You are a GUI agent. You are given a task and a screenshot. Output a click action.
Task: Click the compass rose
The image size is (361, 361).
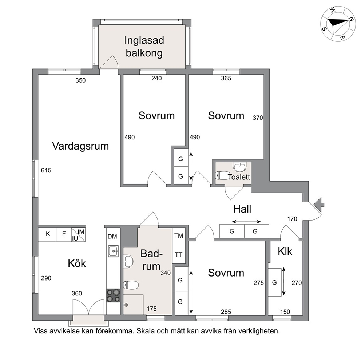point(337,23)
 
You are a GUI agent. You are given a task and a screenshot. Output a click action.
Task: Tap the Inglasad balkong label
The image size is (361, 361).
point(144,46)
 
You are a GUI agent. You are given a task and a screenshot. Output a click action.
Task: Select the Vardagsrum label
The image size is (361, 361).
point(81,146)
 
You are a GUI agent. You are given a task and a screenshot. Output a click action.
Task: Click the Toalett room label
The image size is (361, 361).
point(239,177)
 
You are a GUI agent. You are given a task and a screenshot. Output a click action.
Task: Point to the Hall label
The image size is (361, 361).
point(242,209)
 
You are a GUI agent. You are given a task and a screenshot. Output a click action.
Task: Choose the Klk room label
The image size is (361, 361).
point(285,251)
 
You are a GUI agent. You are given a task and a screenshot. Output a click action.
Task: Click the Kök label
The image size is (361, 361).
point(77,263)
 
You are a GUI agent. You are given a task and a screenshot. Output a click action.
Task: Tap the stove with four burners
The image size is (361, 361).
point(113,295)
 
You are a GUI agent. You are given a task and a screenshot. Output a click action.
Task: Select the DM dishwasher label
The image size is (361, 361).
point(112,237)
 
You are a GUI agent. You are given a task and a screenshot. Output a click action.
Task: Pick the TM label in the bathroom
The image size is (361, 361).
point(179,236)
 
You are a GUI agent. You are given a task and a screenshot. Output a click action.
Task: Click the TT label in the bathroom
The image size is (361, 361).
point(179,254)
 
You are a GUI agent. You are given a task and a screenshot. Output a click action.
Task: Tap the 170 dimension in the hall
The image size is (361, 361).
point(292,219)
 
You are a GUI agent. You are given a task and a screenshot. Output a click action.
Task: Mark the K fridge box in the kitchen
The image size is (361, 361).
point(48,234)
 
